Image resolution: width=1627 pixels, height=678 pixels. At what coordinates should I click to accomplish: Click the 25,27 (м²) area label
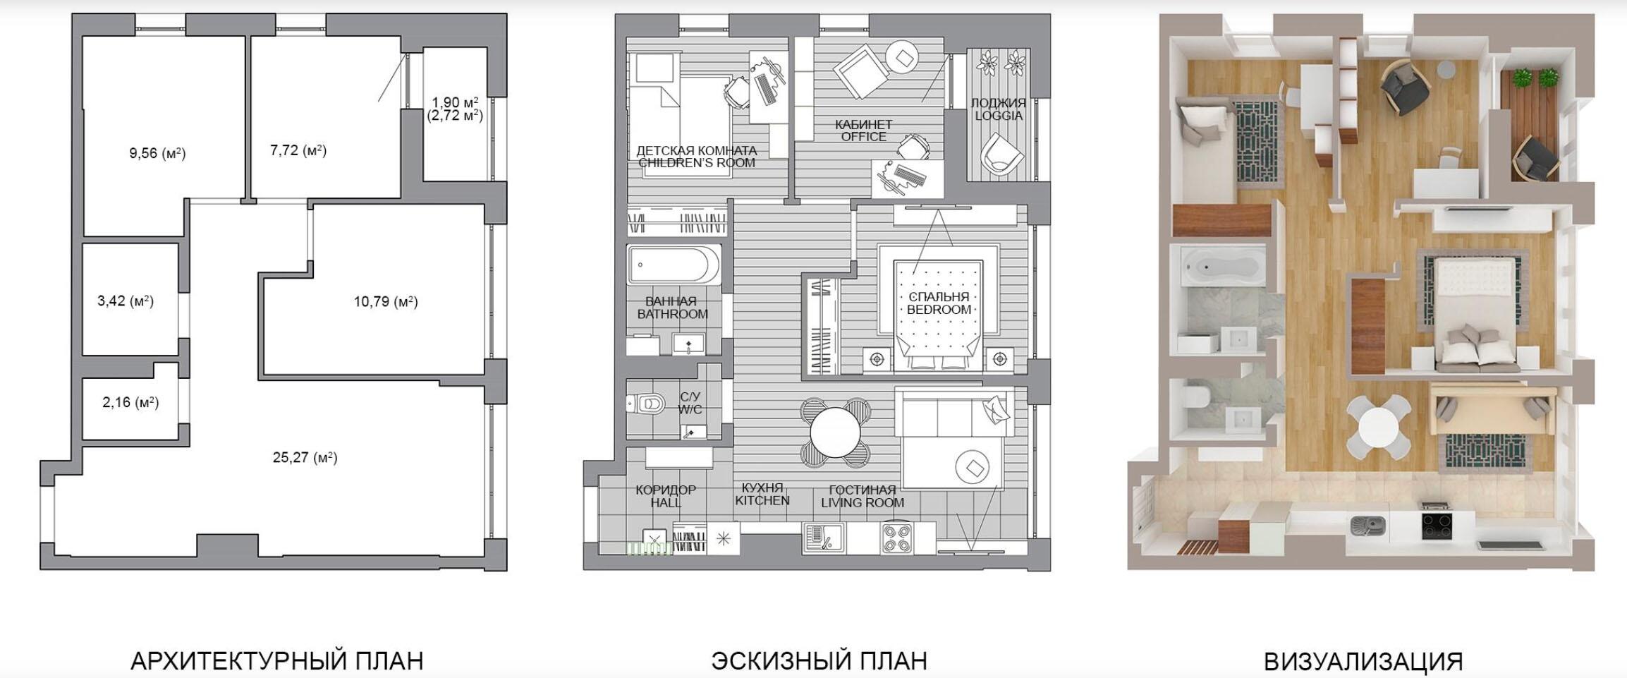click(305, 457)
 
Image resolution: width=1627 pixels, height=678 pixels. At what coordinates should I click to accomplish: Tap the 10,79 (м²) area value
click(386, 302)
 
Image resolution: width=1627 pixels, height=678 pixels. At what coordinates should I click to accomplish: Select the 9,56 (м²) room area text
click(157, 153)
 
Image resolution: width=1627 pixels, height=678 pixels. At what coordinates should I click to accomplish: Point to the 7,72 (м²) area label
click(298, 150)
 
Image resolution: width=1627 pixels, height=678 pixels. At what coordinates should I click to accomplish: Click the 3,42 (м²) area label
click(126, 301)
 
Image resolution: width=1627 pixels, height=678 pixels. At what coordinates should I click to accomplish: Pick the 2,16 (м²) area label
click(130, 402)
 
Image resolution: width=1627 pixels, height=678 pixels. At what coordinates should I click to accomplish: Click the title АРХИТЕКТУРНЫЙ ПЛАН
click(277, 661)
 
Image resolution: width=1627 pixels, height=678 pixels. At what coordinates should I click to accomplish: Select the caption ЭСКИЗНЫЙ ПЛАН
click(819, 661)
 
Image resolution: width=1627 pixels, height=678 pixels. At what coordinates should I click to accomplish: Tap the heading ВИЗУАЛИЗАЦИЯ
click(1363, 661)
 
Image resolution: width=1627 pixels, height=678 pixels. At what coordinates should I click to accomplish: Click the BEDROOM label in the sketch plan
click(939, 310)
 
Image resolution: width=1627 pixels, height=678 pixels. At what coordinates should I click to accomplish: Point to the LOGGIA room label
click(999, 116)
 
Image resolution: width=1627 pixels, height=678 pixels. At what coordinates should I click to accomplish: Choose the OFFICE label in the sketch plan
click(864, 137)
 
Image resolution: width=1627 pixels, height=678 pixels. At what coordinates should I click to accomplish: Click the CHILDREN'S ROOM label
click(697, 163)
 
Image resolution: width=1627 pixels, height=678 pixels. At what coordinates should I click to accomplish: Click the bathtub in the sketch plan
click(674, 265)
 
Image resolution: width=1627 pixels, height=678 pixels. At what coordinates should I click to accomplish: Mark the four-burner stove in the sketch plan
click(896, 538)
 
